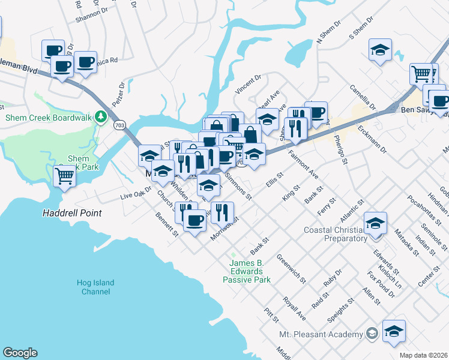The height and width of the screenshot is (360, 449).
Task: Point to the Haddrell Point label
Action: pos(71,213)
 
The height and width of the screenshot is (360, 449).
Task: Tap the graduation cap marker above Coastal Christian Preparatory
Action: pos(375,223)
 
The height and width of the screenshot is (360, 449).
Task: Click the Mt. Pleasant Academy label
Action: pos(322,334)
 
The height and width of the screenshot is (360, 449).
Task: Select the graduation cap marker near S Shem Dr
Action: pos(379,50)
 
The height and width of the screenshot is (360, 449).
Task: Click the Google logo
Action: pos(20,353)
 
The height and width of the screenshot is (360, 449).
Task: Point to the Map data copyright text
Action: pos(424,355)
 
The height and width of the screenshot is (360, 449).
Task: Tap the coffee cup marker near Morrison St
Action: pos(194,220)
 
